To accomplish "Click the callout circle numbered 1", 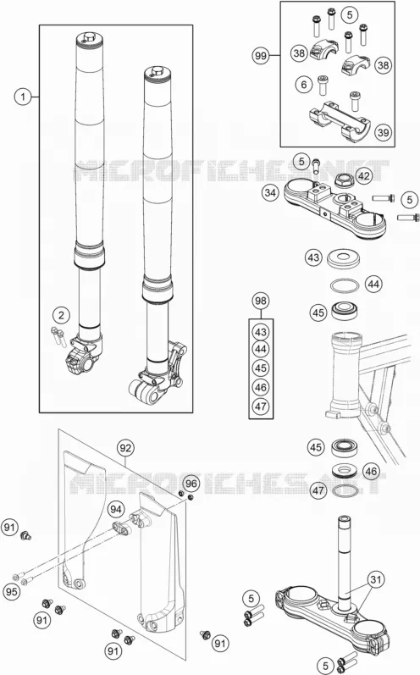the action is [x=23, y=97].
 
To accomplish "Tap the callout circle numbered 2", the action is [x=61, y=315].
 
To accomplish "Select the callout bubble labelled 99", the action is [x=261, y=56].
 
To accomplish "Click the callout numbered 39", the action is [x=383, y=132].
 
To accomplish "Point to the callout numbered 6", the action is [x=304, y=84].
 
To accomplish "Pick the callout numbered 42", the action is [x=364, y=175].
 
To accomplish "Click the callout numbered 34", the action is [x=270, y=192].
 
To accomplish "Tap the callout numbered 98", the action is [x=261, y=301].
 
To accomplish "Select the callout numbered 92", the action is [x=125, y=448].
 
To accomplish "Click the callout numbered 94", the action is [x=116, y=509].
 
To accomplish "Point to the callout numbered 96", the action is [x=191, y=484].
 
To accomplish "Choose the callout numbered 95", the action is [x=12, y=591].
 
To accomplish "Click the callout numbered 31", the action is [x=376, y=579].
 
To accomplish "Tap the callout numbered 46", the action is [x=371, y=472].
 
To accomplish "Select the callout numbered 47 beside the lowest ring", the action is [x=318, y=490].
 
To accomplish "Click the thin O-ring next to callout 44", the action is [x=345, y=285].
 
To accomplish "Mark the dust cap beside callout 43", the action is [x=343, y=258].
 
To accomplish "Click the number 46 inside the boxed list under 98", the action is [x=261, y=387].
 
